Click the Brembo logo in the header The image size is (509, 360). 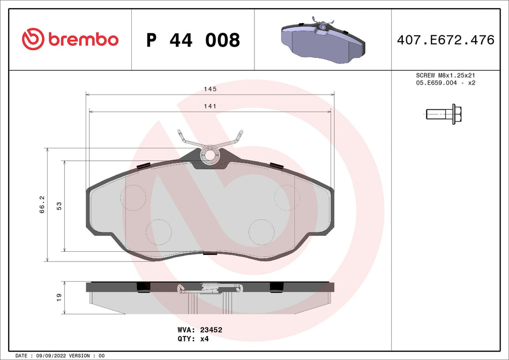(70, 40)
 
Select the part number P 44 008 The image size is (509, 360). (193, 40)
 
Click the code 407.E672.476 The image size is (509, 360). (445, 40)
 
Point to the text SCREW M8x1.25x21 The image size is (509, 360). (446, 76)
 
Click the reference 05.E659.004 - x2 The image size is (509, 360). (446, 84)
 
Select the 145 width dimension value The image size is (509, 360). (209, 89)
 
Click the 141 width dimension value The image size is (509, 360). (209, 106)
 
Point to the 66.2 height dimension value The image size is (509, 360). (42, 205)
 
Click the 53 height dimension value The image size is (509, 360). (59, 206)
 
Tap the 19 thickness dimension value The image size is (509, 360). (59, 296)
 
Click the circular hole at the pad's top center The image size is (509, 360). (210, 155)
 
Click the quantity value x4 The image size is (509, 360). (204, 339)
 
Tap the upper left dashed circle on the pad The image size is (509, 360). (133, 197)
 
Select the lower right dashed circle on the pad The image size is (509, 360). (261, 231)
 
